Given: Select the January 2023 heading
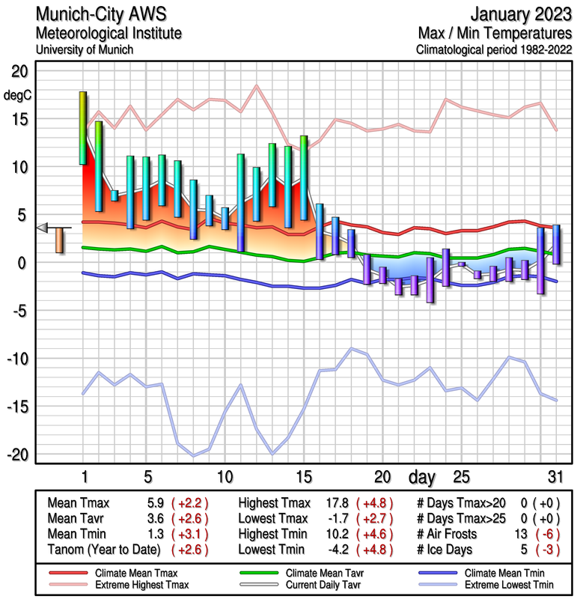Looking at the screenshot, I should (x=517, y=14).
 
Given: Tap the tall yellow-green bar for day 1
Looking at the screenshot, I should (x=83, y=127).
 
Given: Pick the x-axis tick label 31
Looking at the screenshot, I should (x=554, y=477).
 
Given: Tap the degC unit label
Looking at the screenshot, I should (x=16, y=95).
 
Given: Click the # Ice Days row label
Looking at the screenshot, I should (x=449, y=550).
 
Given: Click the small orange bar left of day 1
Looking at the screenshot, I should (x=60, y=240).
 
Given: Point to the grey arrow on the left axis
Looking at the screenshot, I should (x=43, y=228).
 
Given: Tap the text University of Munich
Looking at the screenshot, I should (x=84, y=49).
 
